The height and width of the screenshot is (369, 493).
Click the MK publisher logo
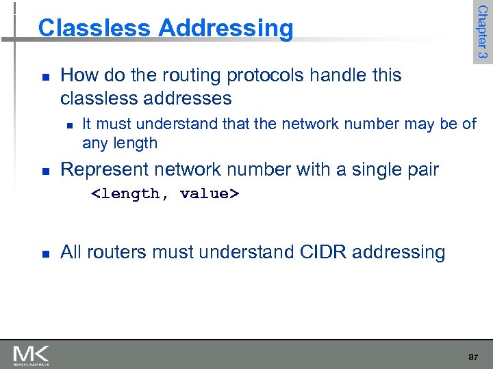coord(31,355)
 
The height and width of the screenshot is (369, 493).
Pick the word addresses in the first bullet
coord(188,98)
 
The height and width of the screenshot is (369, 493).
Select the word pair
coord(420,170)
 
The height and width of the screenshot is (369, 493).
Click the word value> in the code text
coord(209,194)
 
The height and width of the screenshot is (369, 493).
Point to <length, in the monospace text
coord(129,194)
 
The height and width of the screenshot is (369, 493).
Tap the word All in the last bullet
coord(71,252)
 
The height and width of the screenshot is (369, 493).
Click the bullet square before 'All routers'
coord(44,254)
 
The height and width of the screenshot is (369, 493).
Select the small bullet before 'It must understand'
coord(70,125)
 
